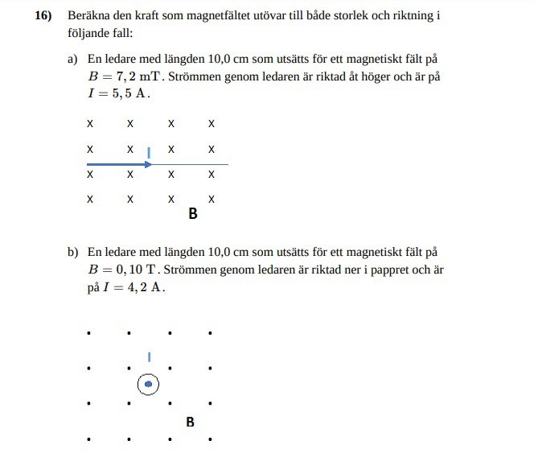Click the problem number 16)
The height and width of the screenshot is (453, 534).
[43, 15]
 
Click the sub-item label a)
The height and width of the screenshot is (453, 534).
[73, 60]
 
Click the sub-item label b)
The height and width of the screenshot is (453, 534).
[73, 253]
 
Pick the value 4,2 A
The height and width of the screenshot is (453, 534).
[142, 287]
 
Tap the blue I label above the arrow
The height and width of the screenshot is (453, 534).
[149, 150]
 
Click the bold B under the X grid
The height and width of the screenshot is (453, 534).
[192, 214]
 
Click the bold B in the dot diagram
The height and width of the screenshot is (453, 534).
[190, 421]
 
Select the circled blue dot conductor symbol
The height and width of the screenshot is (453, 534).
[148, 385]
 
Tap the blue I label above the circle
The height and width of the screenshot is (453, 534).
[149, 356]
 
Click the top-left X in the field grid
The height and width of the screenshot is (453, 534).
[90, 124]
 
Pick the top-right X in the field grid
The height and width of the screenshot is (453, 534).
[212, 124]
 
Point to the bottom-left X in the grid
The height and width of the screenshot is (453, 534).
[90, 199]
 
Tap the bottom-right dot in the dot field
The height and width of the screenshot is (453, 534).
[210, 439]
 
